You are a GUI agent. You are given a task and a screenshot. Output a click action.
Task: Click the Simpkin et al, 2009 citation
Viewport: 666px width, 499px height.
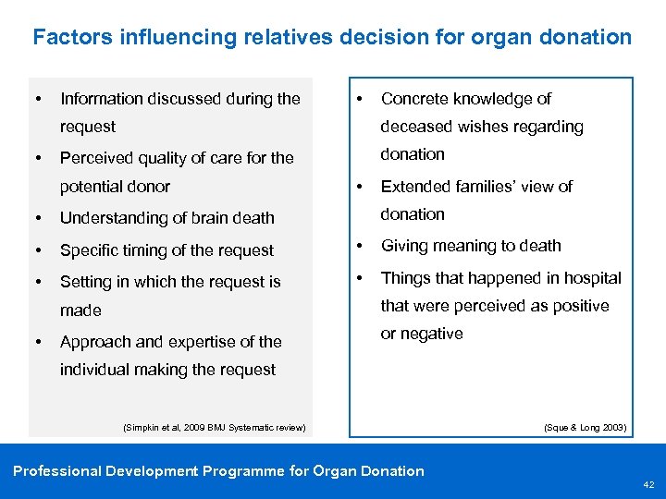(214, 427)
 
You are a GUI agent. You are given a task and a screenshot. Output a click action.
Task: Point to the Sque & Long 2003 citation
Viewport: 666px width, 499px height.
(585, 427)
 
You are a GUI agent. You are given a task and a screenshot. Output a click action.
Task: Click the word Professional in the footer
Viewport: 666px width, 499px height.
(56, 471)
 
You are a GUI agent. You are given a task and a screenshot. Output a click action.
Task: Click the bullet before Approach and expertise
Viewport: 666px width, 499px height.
(37, 342)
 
